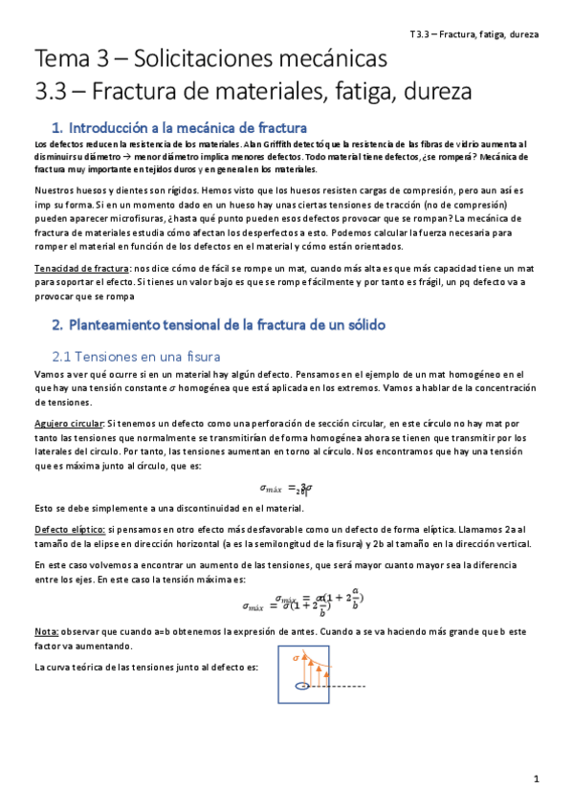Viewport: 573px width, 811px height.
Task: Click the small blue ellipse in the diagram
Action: [x=302, y=686]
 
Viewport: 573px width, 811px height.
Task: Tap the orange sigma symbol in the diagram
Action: [x=283, y=658]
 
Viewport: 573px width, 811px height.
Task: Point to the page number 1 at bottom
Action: [x=538, y=779]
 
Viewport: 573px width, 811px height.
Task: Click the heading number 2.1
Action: [x=66, y=356]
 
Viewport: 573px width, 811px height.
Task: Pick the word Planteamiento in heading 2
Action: [x=124, y=325]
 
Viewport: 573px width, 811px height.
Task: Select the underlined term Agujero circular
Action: [x=68, y=422]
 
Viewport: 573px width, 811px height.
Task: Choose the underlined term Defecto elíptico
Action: [x=67, y=528]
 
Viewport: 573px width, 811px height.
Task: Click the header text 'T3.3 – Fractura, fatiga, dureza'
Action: [x=474, y=33]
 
